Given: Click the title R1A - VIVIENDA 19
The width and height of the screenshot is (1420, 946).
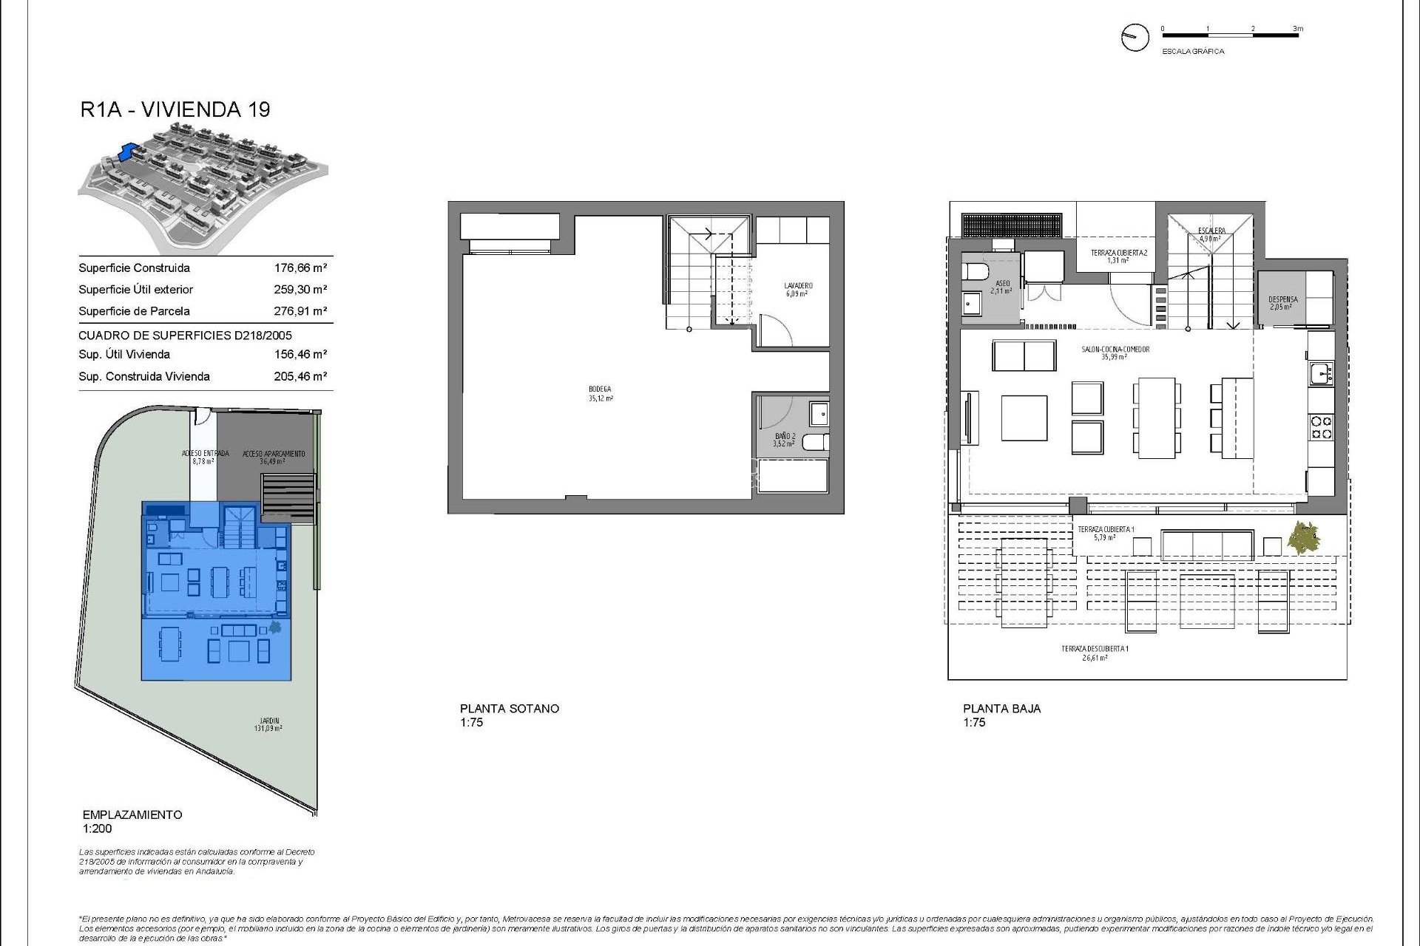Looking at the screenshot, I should (x=175, y=109).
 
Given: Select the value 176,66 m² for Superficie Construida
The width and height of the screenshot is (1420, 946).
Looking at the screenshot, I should (x=300, y=268).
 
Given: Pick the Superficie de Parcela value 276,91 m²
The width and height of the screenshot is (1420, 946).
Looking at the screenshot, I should (x=300, y=311).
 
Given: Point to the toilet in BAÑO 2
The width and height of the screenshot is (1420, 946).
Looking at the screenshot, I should (x=816, y=443).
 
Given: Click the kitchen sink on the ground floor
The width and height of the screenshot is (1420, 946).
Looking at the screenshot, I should (x=1320, y=374).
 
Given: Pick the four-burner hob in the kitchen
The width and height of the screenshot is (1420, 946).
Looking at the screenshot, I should (x=1322, y=428).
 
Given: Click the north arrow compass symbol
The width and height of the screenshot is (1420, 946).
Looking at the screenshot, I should (x=1135, y=37).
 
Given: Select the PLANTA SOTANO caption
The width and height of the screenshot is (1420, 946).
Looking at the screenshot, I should (x=509, y=708).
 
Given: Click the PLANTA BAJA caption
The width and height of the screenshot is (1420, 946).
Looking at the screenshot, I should (x=1001, y=708).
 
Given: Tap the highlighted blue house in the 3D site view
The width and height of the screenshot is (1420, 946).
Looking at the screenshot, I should (x=130, y=152).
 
